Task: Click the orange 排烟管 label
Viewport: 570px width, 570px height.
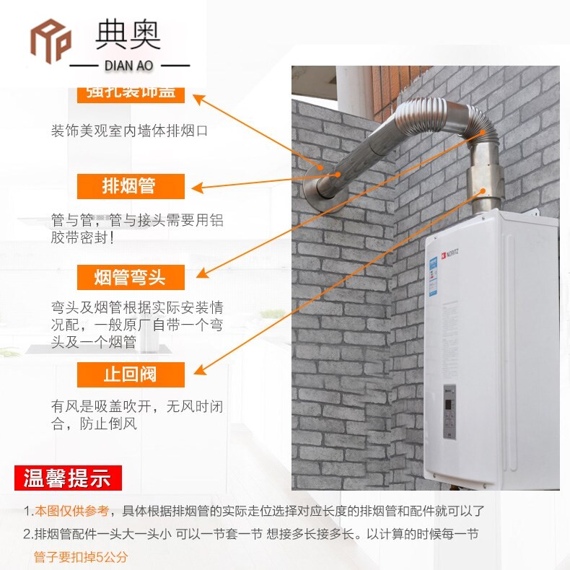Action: click(131, 186)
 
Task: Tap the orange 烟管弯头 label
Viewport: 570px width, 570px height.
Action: click(131, 276)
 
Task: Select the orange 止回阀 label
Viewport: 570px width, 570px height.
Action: click(131, 374)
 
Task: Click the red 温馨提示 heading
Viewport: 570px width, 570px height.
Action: click(68, 478)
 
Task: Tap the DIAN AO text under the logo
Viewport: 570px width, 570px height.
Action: click(128, 66)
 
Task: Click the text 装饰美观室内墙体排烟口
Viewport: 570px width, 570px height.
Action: click(129, 131)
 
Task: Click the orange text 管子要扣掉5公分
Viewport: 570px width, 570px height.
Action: click(80, 557)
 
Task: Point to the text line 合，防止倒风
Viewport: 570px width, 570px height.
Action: click(93, 424)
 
